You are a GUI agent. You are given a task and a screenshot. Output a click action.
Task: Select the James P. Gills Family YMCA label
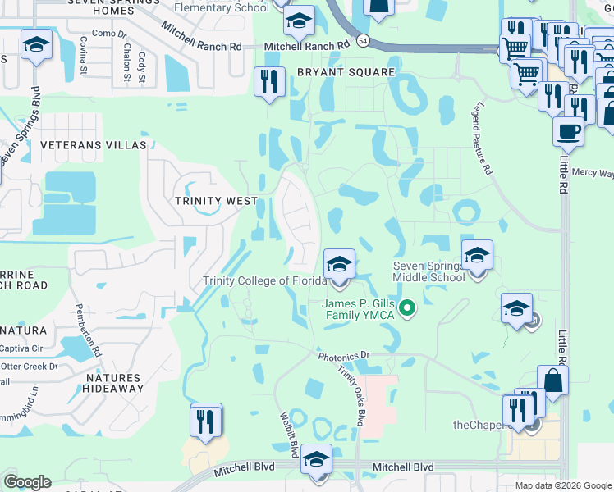click(x=358, y=309)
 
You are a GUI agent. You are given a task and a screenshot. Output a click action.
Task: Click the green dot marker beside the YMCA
click(x=405, y=309)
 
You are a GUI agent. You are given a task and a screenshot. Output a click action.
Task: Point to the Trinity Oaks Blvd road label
click(x=351, y=395)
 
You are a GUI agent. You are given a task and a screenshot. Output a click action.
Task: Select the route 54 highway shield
click(x=363, y=39)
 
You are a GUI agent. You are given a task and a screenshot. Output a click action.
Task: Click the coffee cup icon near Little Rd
click(x=567, y=130)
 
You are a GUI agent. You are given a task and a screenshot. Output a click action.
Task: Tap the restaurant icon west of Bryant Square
click(x=269, y=82)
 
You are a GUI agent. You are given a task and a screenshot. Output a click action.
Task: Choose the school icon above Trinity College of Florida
click(x=338, y=265)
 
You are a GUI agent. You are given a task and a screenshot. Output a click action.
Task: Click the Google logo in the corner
click(x=27, y=482)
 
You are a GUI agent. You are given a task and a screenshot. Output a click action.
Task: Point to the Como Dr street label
click(x=108, y=33)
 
